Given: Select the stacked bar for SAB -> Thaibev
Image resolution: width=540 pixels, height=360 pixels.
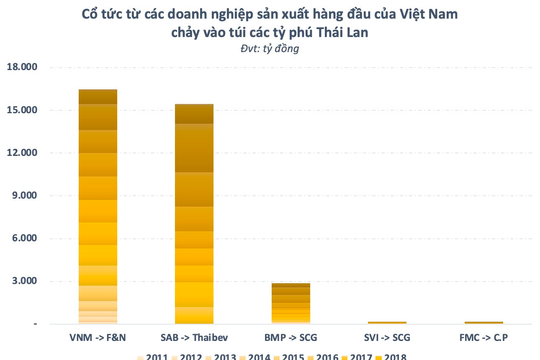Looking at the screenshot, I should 194,214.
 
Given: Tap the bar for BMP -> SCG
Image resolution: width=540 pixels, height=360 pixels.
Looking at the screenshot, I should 290,304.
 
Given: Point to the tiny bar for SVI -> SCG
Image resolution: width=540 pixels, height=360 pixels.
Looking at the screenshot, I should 386,322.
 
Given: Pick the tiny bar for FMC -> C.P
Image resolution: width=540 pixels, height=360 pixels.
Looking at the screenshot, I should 482,322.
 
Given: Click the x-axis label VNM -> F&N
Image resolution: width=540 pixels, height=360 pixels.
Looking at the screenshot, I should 98,337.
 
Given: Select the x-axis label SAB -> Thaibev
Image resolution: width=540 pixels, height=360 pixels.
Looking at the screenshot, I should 194,337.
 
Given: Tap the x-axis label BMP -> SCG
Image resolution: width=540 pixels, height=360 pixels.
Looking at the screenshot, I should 290,337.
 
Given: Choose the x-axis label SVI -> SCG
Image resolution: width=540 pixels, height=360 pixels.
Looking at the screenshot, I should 386,337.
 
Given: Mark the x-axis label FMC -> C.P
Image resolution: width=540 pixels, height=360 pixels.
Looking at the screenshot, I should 482,337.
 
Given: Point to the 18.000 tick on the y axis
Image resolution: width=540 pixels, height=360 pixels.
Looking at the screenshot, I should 22,67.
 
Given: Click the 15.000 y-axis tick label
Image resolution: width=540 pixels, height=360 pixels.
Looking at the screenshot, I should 22,110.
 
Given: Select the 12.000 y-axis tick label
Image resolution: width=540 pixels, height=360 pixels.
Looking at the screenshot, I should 22,153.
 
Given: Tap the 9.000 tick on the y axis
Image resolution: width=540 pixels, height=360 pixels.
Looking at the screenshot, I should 25,196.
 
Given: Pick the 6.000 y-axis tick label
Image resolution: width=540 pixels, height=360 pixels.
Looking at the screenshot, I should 25,239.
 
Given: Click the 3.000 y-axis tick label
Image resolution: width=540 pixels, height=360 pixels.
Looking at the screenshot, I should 25,282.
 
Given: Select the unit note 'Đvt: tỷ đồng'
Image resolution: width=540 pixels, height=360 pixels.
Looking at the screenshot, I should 269,48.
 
